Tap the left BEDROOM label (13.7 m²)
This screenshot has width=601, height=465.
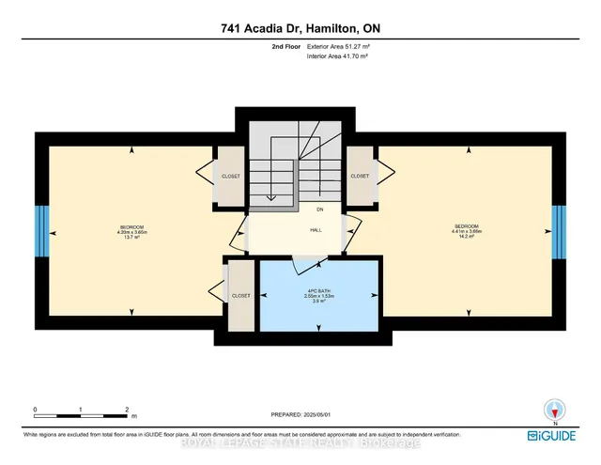(x=131, y=231)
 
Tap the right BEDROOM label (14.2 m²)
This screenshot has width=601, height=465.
(x=467, y=230)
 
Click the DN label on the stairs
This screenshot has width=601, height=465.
(x=319, y=209)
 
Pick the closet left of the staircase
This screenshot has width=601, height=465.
(x=230, y=176)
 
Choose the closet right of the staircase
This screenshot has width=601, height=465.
(x=360, y=176)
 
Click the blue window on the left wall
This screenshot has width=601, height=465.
(x=39, y=231)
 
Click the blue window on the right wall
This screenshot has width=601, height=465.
(x=560, y=231)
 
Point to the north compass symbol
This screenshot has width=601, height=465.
(x=553, y=410)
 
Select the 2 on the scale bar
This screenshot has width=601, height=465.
(x=126, y=410)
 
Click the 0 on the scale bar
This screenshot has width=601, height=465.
(x=35, y=410)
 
